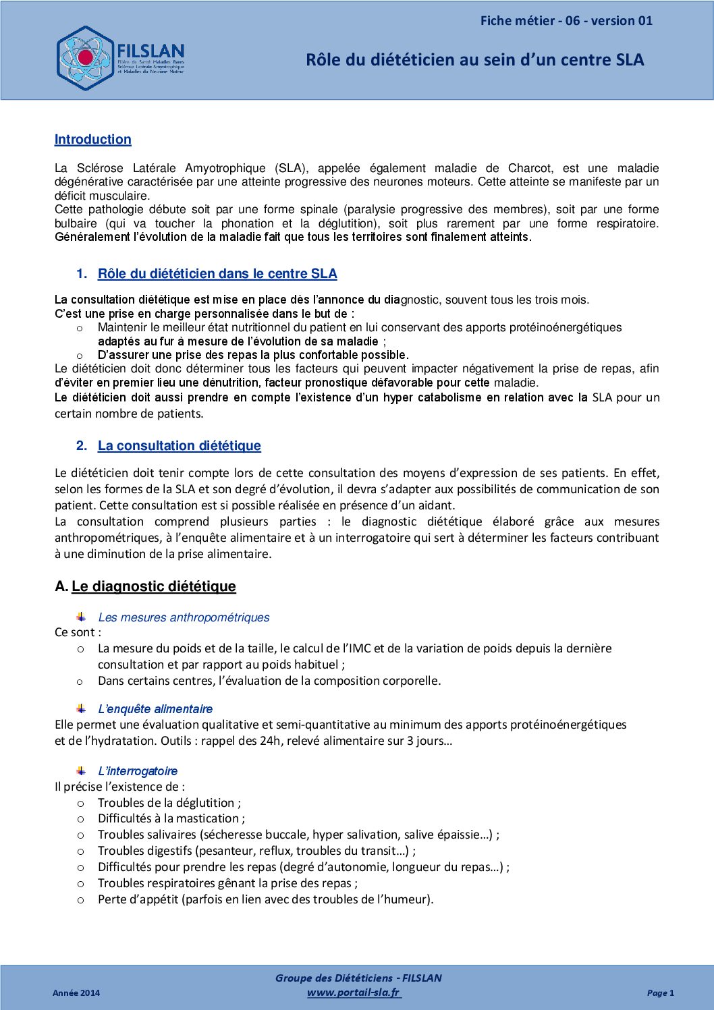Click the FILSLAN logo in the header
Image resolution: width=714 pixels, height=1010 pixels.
pyautogui.click(x=120, y=58)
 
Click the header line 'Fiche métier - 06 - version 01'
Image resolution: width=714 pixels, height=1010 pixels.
pyautogui.click(x=566, y=21)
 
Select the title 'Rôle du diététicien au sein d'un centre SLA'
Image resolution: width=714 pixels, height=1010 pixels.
pyautogui.click(x=474, y=60)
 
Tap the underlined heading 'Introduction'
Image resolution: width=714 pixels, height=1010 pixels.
pyautogui.click(x=93, y=140)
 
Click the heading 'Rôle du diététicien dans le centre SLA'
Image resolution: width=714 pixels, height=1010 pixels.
pyautogui.click(x=217, y=274)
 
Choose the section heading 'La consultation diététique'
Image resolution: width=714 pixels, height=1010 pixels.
pyautogui.click(x=179, y=446)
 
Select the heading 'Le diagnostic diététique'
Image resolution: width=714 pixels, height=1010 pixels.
pyautogui.click(x=154, y=586)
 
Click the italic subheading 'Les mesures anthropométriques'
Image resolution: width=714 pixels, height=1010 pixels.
pyautogui.click(x=184, y=617)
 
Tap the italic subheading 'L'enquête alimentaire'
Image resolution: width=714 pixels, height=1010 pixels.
pyautogui.click(x=155, y=709)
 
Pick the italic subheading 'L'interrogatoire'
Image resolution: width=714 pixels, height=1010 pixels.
pyautogui.click(x=138, y=771)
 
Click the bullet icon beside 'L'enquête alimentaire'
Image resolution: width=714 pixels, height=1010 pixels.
pyautogui.click(x=81, y=708)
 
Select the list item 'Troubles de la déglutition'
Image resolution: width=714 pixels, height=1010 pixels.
pyautogui.click(x=169, y=803)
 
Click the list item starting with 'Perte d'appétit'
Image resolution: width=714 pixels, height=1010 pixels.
pyautogui.click(x=265, y=899)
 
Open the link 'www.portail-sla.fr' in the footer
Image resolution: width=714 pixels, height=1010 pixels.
pyautogui.click(x=354, y=992)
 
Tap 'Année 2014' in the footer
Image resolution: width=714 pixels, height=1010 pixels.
pyautogui.click(x=76, y=993)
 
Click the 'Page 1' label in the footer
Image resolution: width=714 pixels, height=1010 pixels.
pyautogui.click(x=660, y=993)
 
